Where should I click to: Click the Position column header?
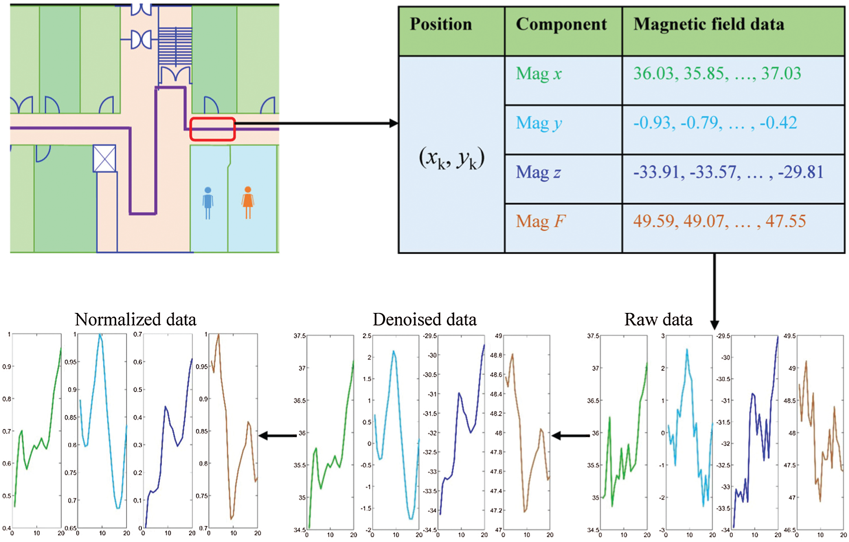(x=441, y=24)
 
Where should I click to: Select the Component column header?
(x=561, y=24)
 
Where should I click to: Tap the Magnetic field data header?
(x=708, y=24)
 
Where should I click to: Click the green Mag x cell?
(x=539, y=74)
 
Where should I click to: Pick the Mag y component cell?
(x=539, y=123)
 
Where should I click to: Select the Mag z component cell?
(x=538, y=173)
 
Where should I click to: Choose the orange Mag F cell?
(x=540, y=222)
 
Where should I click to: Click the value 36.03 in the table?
(x=653, y=74)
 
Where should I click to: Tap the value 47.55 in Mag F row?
(x=785, y=222)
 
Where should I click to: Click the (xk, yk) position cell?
(x=451, y=158)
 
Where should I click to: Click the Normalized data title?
(x=135, y=319)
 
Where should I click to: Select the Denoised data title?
(x=424, y=319)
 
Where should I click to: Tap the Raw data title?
(x=658, y=319)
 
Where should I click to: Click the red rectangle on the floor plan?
(x=213, y=129)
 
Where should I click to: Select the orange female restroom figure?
(x=248, y=202)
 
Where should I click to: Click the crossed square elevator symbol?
(x=104, y=158)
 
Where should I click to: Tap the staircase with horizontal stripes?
(x=175, y=46)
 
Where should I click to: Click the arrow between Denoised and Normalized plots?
(x=278, y=436)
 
